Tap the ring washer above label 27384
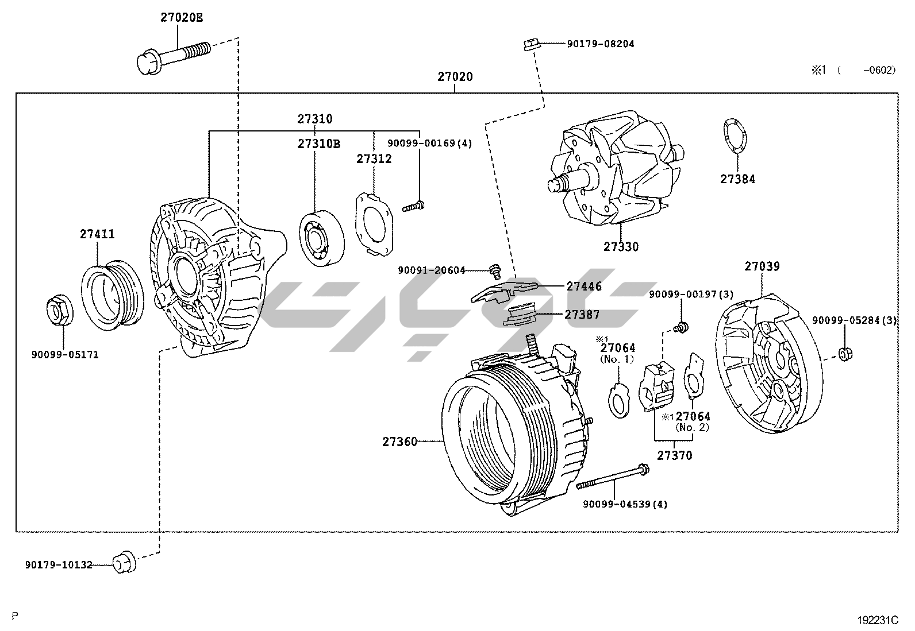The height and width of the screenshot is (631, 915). pyautogui.click(x=734, y=136)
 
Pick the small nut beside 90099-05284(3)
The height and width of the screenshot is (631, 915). pyautogui.click(x=844, y=353)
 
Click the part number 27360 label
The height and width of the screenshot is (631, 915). pyautogui.click(x=400, y=442)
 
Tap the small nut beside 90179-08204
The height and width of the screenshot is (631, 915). pyautogui.click(x=530, y=44)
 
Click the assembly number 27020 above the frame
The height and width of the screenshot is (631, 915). pyautogui.click(x=455, y=76)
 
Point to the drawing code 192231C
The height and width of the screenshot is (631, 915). pyautogui.click(x=877, y=620)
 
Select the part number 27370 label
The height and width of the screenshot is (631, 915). pyautogui.click(x=675, y=455)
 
